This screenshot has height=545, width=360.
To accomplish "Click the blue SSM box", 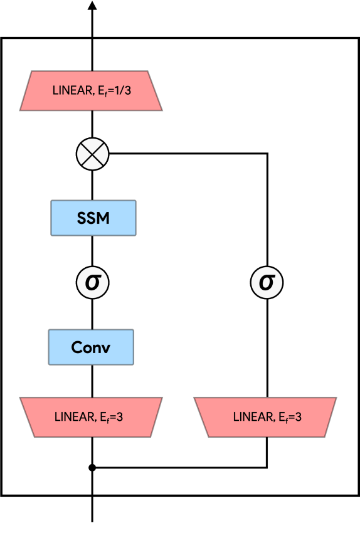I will [93, 218].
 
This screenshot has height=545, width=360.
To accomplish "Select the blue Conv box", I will [91, 347].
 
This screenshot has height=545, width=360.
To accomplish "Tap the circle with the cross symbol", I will [93, 154].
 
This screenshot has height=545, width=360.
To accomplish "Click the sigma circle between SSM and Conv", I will [93, 282].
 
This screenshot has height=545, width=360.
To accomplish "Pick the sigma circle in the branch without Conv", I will [267, 282].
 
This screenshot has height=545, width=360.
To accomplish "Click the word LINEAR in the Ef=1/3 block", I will [72, 91].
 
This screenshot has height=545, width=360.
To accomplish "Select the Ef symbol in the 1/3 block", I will [101, 92].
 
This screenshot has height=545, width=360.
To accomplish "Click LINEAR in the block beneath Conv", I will [75, 416].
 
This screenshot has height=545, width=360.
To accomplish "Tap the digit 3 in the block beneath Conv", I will [119, 416].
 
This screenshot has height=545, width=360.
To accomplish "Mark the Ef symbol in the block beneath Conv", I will [103, 417].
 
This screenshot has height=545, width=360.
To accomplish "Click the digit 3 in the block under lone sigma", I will [298, 416].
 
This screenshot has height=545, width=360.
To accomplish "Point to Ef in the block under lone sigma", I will [282, 417].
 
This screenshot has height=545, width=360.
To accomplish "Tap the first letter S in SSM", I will [82, 218].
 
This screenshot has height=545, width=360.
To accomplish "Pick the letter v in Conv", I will [106, 348].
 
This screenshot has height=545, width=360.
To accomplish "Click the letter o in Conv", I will [87, 348].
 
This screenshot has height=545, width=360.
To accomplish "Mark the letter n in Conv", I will [97, 348].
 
